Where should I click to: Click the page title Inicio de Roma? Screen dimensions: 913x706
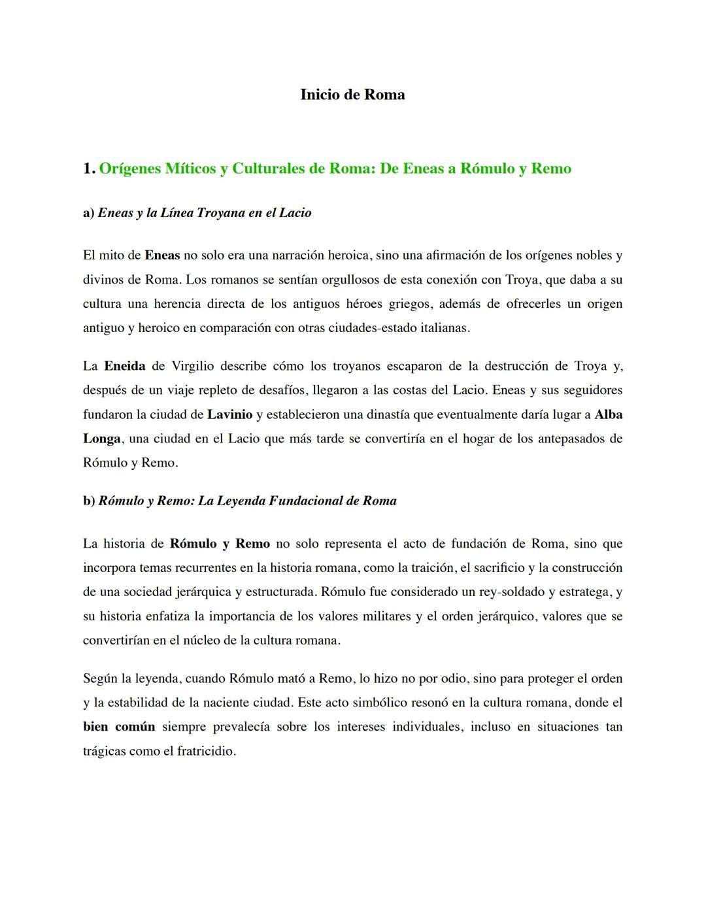point(352,95)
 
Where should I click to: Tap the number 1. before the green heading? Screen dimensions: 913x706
point(89,169)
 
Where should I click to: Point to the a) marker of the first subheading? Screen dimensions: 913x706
point(88,213)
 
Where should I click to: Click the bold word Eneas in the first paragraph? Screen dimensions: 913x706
point(161,256)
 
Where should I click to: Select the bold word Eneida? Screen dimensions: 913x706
point(124,366)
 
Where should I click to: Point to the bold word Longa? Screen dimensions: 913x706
point(101,439)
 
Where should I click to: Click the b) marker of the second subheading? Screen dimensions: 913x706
point(89,501)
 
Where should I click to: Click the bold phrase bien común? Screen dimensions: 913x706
point(119,727)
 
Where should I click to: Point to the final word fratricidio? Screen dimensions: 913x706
point(206,751)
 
